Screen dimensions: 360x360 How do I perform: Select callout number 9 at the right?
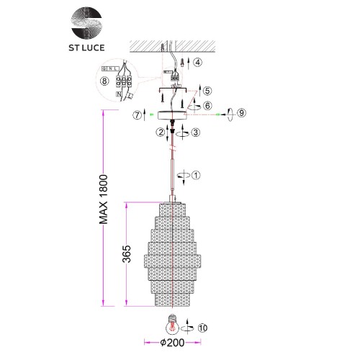click(242, 114)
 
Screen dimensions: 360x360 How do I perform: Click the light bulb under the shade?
click(173, 322)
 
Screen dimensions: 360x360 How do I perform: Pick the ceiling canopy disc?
click(173, 115)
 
